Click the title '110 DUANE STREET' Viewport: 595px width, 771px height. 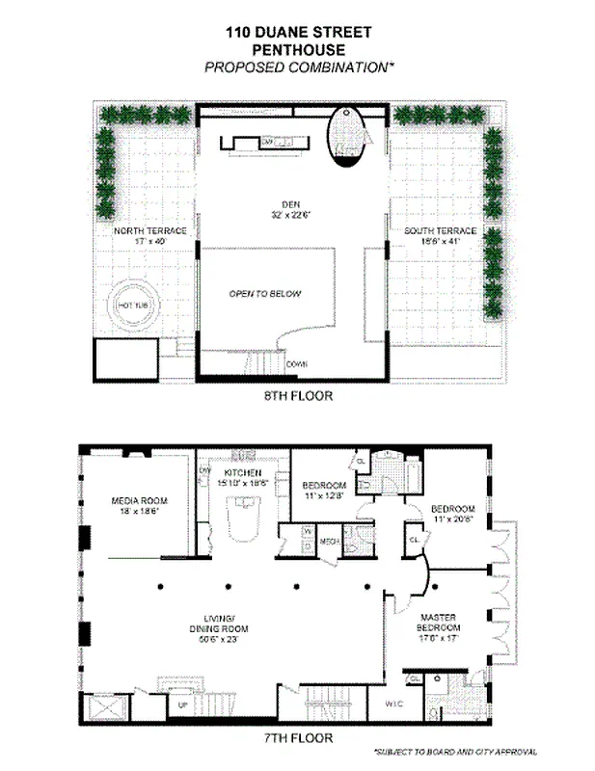tap(297, 32)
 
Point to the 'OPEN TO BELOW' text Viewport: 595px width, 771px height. tap(265, 294)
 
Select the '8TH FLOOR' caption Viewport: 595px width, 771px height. tap(290, 395)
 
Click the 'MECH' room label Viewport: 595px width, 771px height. tap(328, 541)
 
